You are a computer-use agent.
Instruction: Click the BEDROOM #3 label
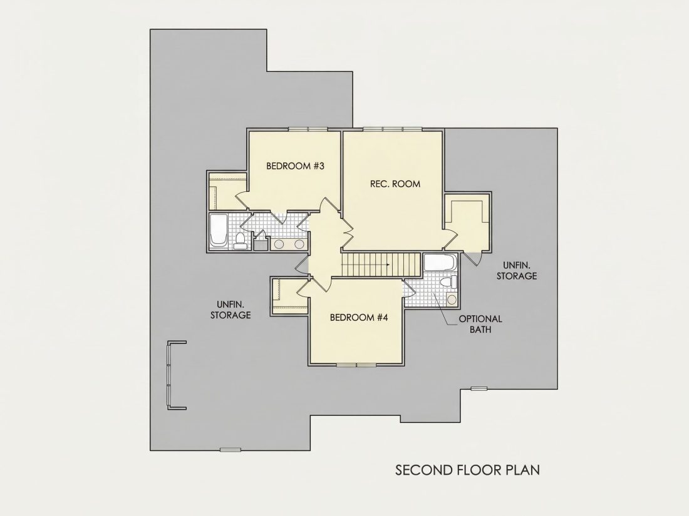[295, 166]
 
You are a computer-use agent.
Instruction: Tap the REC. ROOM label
[395, 184]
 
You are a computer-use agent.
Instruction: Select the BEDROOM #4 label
[358, 317]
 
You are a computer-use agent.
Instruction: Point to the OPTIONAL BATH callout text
[480, 324]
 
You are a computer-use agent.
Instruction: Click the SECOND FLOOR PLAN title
[467, 470]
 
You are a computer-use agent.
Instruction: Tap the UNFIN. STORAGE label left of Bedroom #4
[231, 310]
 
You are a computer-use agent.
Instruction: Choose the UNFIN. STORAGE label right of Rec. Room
[517, 271]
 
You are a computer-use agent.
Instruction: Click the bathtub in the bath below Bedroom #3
[218, 231]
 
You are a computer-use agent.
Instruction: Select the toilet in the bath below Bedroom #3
[240, 241]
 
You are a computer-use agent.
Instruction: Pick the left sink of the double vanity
[279, 245]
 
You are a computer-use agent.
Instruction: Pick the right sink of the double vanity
[299, 245]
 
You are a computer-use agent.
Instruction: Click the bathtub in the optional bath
[440, 263]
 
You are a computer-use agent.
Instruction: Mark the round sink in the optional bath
[451, 300]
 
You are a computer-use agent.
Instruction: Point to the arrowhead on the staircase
[388, 265]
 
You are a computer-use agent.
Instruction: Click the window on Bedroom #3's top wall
[308, 129]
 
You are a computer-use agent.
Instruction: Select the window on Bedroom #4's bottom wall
[356, 365]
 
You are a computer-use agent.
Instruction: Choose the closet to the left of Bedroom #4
[289, 296]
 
